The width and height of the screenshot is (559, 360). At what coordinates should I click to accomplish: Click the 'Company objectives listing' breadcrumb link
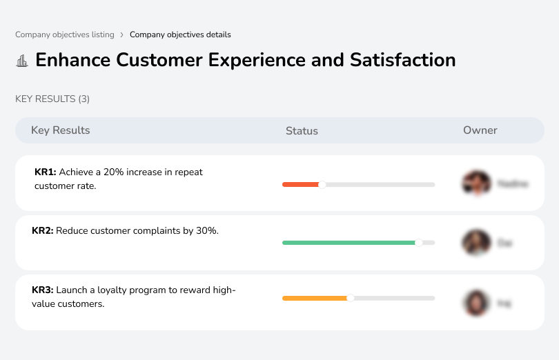click(x=65, y=34)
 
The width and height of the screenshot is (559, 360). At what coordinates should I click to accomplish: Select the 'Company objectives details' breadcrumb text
click(x=180, y=34)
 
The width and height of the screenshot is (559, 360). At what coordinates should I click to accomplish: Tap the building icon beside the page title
click(x=22, y=61)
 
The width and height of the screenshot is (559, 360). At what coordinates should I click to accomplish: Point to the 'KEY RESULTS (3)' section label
click(x=52, y=99)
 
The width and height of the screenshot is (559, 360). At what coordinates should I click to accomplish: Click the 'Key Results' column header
click(x=60, y=130)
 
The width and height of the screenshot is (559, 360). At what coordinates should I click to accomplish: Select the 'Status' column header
click(x=302, y=131)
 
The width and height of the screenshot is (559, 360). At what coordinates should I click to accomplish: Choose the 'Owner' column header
click(x=480, y=130)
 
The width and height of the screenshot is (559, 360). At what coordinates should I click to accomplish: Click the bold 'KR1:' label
click(x=46, y=172)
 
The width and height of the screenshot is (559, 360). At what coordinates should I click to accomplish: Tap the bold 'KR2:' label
click(x=43, y=231)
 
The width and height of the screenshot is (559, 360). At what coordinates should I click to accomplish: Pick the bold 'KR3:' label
click(x=43, y=290)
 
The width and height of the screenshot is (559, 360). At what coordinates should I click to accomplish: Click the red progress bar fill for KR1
click(x=300, y=184)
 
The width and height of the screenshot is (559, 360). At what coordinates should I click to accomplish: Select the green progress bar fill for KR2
click(x=348, y=243)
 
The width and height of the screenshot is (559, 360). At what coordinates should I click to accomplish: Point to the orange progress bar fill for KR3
click(x=315, y=298)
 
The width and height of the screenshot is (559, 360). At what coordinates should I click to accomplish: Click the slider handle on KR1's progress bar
click(x=322, y=184)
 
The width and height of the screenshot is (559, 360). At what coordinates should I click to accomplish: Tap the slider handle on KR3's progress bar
click(x=351, y=298)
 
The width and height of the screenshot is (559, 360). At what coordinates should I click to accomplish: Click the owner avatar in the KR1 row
click(x=475, y=183)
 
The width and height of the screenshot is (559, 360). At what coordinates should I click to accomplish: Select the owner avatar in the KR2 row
click(x=475, y=243)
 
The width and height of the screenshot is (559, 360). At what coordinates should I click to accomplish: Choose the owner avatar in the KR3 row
click(x=475, y=302)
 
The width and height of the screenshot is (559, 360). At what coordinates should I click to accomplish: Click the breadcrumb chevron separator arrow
click(x=121, y=34)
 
